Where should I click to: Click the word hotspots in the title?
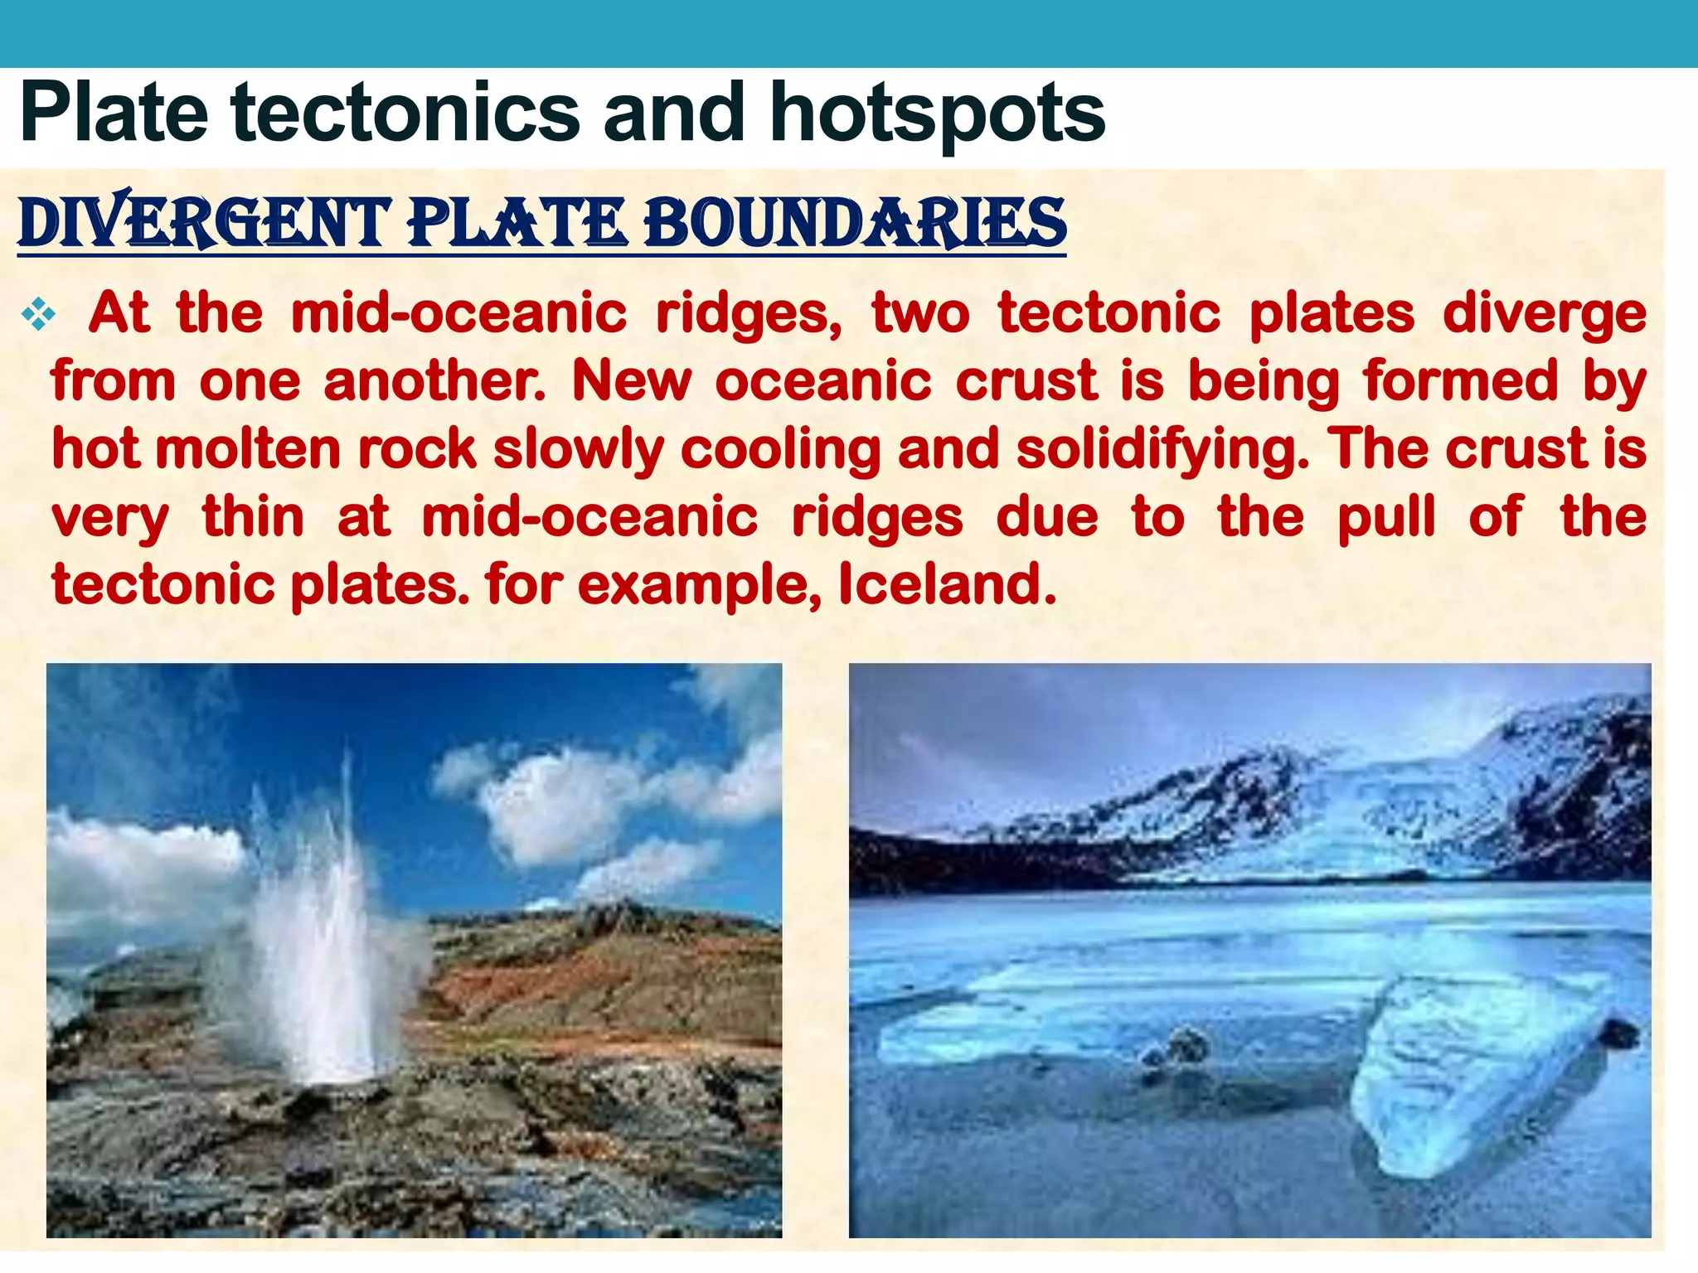[x=937, y=114]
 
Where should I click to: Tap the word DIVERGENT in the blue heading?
[x=204, y=224]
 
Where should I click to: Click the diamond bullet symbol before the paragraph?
[x=39, y=314]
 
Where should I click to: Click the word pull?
[x=1386, y=519]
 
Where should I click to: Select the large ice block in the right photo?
[x=1476, y=1077]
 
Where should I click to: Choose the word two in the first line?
[x=920, y=314]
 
